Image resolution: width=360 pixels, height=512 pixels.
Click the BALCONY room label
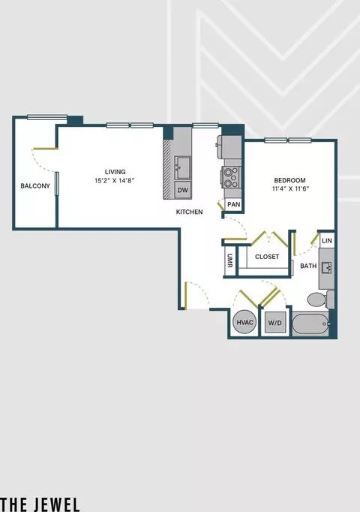click(35, 185)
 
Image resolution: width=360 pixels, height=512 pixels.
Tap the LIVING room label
click(115, 172)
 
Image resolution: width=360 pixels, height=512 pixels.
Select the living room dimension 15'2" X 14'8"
click(115, 180)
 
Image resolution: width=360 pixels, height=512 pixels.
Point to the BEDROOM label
click(290, 180)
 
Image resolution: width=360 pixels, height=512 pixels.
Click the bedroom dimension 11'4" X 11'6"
click(290, 188)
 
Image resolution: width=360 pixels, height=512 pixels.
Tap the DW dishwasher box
click(183, 190)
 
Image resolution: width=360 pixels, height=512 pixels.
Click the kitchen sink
click(182, 167)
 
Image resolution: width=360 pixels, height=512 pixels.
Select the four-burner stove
click(231, 177)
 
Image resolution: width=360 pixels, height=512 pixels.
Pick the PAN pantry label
click(234, 205)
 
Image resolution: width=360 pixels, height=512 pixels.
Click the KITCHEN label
click(190, 212)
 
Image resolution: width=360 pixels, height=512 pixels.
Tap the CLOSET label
click(267, 257)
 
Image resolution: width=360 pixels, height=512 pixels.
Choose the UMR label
click(230, 261)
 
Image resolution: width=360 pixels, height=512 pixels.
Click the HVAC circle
click(245, 322)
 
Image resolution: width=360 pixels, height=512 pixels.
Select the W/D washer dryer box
click(275, 323)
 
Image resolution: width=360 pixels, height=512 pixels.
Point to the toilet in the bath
click(320, 299)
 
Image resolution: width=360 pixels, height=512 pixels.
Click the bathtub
click(311, 324)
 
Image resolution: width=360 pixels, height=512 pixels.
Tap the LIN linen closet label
click(327, 241)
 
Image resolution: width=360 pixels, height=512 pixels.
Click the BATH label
click(308, 266)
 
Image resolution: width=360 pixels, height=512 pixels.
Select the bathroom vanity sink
click(326, 269)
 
